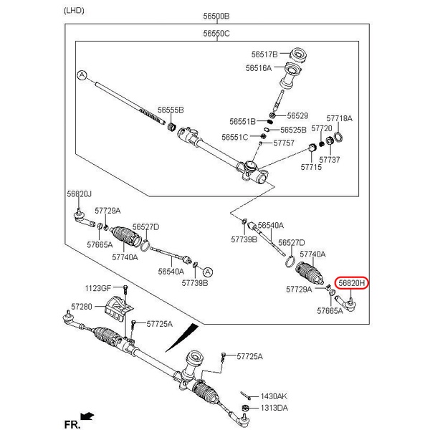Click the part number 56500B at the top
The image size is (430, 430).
[x=216, y=15]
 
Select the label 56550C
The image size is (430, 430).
[x=216, y=33]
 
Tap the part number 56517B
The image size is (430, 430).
[x=264, y=54]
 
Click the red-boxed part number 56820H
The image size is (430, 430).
[x=353, y=284]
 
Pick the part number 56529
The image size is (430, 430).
[x=297, y=115]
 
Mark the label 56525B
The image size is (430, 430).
[x=293, y=130]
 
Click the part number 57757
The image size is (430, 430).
[x=284, y=143]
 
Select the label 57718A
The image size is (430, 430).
[x=340, y=118]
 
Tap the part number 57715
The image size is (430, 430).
[x=311, y=166]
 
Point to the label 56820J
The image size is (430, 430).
[x=80, y=193]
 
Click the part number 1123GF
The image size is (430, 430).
[x=99, y=288]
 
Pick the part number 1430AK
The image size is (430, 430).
[x=273, y=396]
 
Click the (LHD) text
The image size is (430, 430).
[x=74, y=10]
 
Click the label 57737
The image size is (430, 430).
[x=330, y=159]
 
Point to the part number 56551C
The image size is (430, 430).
[x=234, y=137]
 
